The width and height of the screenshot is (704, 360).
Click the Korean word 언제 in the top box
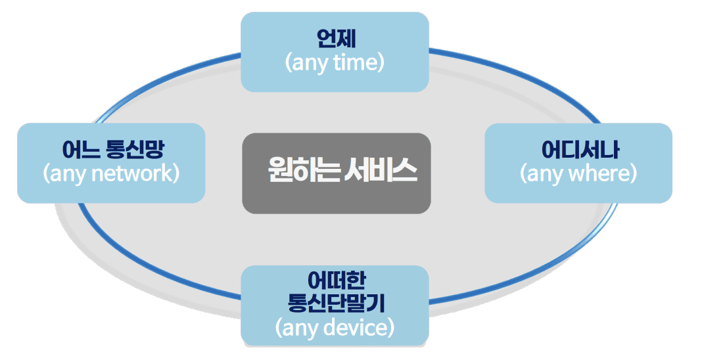point(335,38)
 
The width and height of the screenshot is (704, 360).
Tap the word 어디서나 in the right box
point(579,150)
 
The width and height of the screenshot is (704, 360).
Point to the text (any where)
point(578,174)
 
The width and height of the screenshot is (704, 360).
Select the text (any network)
point(111,174)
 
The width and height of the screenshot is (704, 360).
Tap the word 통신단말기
point(335,304)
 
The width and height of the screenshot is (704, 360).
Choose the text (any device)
point(335,326)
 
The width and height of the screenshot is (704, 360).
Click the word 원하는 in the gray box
point(303,172)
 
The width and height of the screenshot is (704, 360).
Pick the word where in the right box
point(598,174)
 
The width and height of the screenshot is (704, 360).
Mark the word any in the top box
point(306,64)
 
